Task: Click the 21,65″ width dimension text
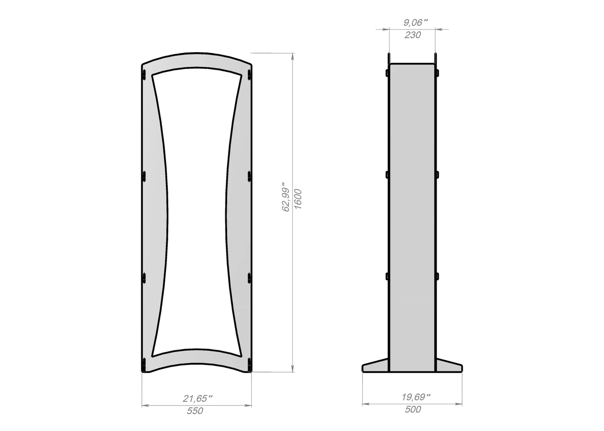(197, 398)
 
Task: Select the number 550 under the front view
(195, 411)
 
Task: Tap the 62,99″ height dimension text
(285, 197)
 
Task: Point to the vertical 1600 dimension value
(298, 199)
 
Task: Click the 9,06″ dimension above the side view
(416, 22)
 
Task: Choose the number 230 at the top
(412, 35)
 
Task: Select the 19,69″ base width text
(416, 397)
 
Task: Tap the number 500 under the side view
(413, 409)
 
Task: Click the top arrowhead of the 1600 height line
(293, 57)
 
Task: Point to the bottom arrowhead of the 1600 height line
(293, 369)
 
